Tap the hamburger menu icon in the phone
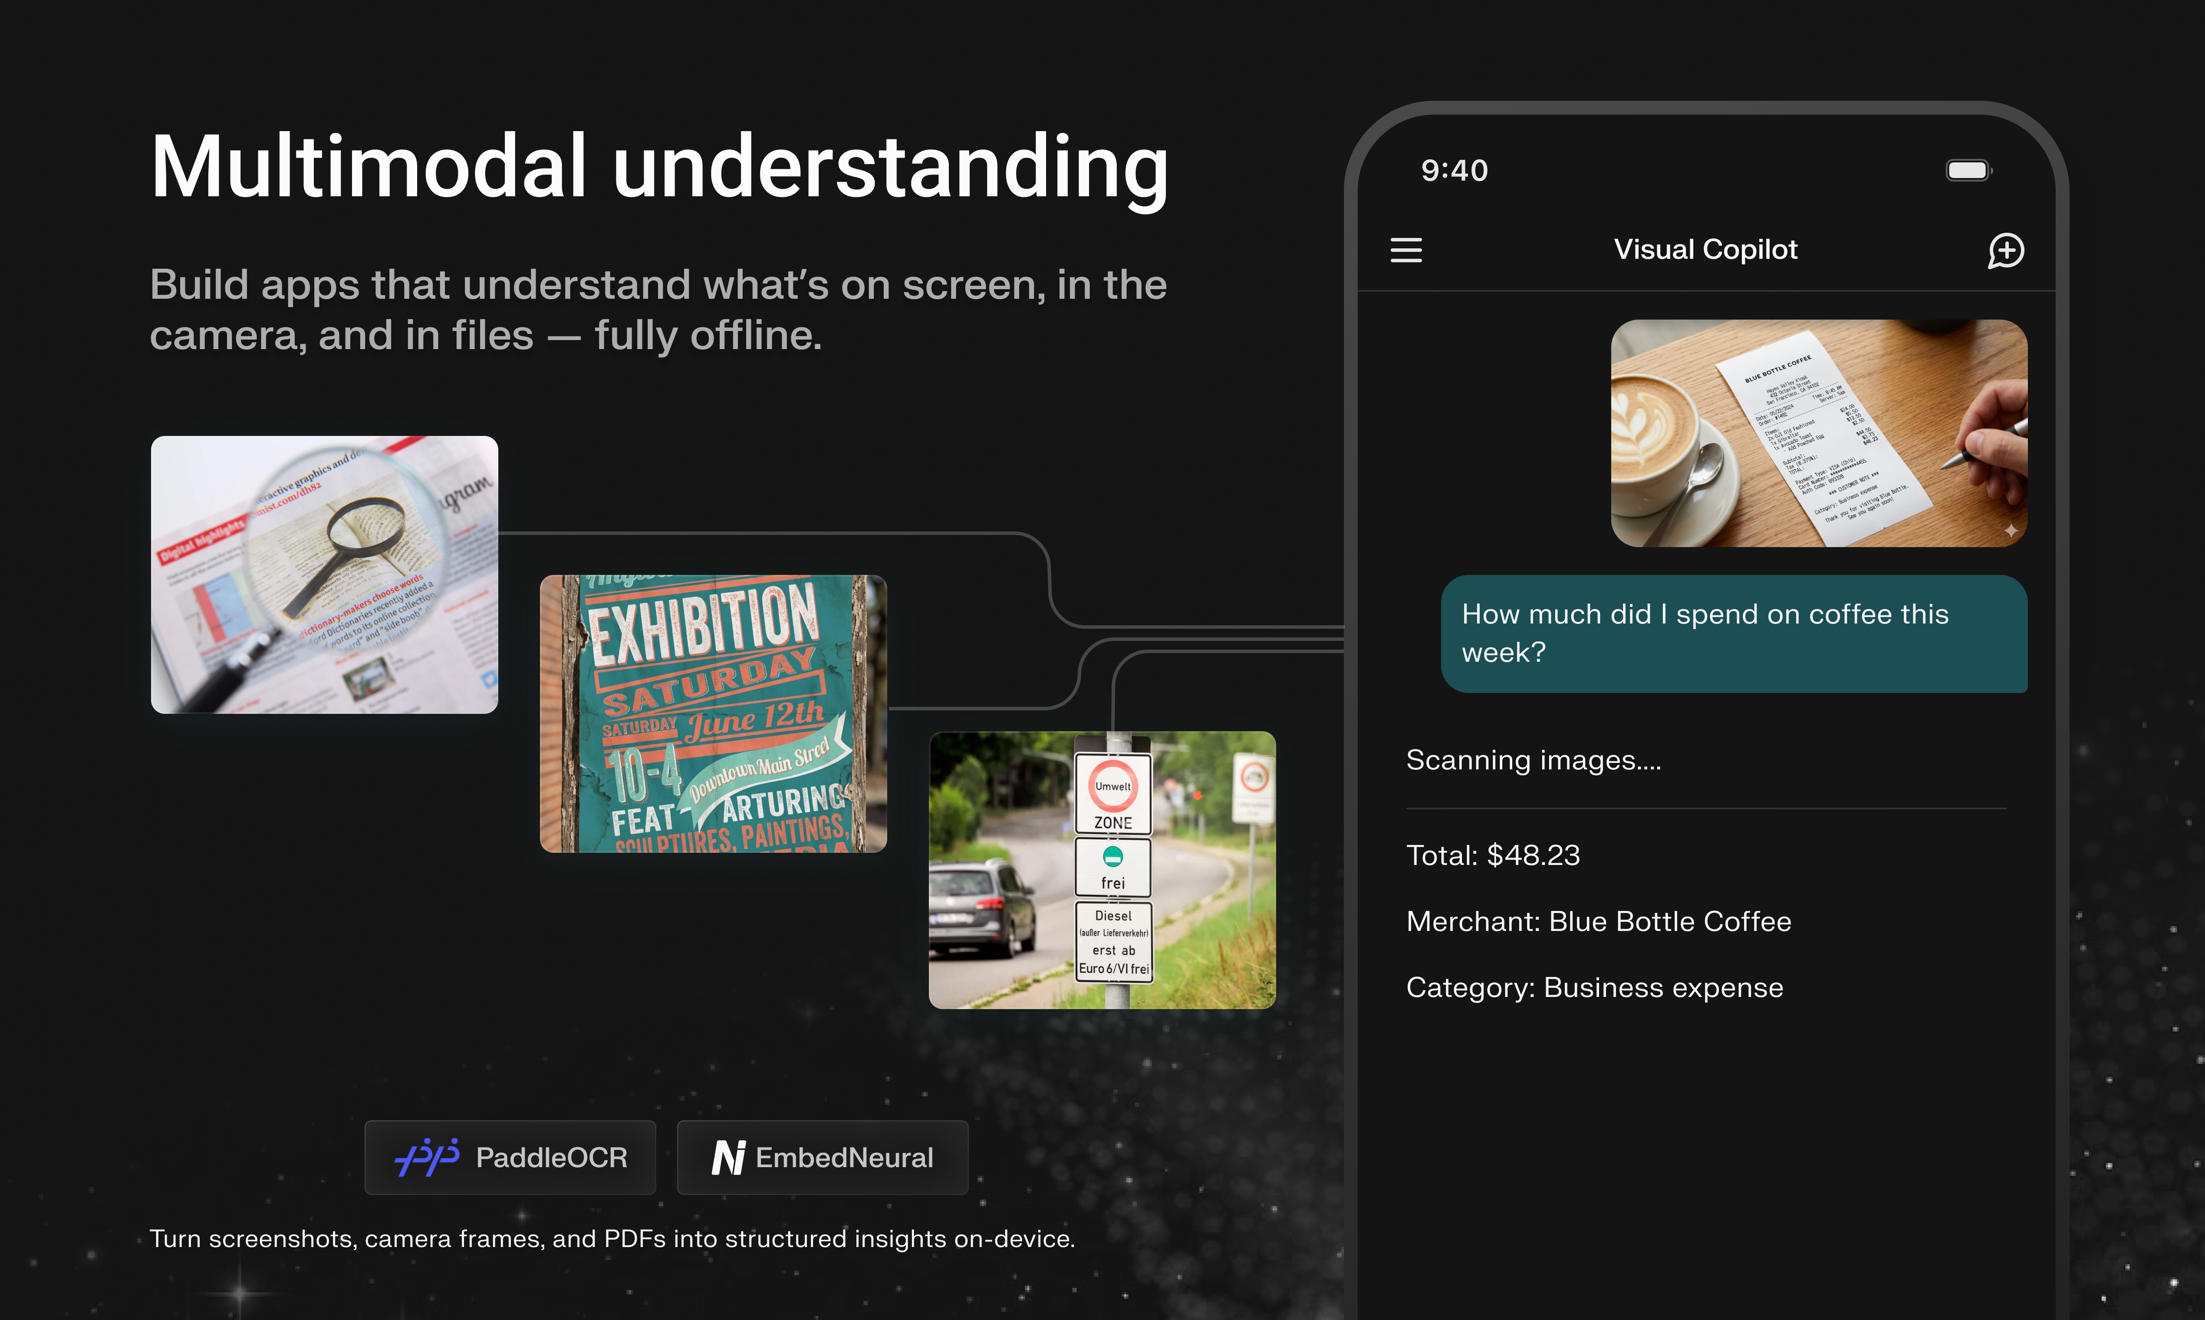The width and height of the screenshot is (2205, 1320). pyautogui.click(x=1405, y=250)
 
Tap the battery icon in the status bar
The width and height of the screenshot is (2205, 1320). pyautogui.click(x=1968, y=170)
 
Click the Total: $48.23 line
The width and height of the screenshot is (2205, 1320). pyautogui.click(x=1493, y=855)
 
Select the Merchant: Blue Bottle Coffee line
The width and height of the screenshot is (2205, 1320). pyautogui.click(x=1598, y=921)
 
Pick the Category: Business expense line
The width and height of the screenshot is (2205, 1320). pyautogui.click(x=1594, y=987)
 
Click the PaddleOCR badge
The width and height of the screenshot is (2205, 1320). pyautogui.click(x=510, y=1157)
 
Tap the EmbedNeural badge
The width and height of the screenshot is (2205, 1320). pyautogui.click(x=823, y=1157)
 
